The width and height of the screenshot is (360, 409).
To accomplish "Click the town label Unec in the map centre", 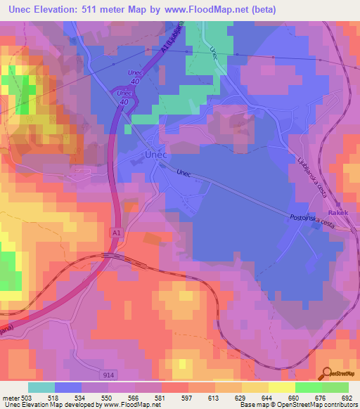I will pos(155,154).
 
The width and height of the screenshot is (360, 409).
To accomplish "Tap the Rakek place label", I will pos(338,212).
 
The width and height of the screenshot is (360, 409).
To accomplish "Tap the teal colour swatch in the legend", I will pos(41,387).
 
